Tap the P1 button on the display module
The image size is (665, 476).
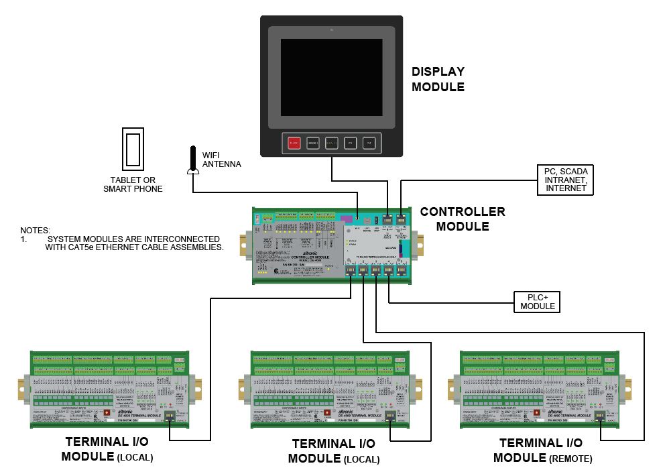click(x=350, y=143)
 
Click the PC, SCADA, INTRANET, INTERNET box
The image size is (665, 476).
click(x=566, y=180)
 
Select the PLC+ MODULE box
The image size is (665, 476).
click(x=538, y=302)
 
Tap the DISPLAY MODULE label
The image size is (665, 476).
click(x=438, y=79)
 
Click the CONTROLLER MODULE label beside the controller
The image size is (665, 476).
click(x=463, y=219)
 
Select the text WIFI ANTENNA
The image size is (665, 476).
click(x=221, y=160)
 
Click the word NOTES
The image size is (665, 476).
click(x=35, y=230)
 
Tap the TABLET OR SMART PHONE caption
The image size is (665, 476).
click(x=133, y=184)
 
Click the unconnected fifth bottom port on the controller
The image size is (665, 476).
click(x=402, y=271)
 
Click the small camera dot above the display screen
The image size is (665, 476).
click(x=331, y=31)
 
